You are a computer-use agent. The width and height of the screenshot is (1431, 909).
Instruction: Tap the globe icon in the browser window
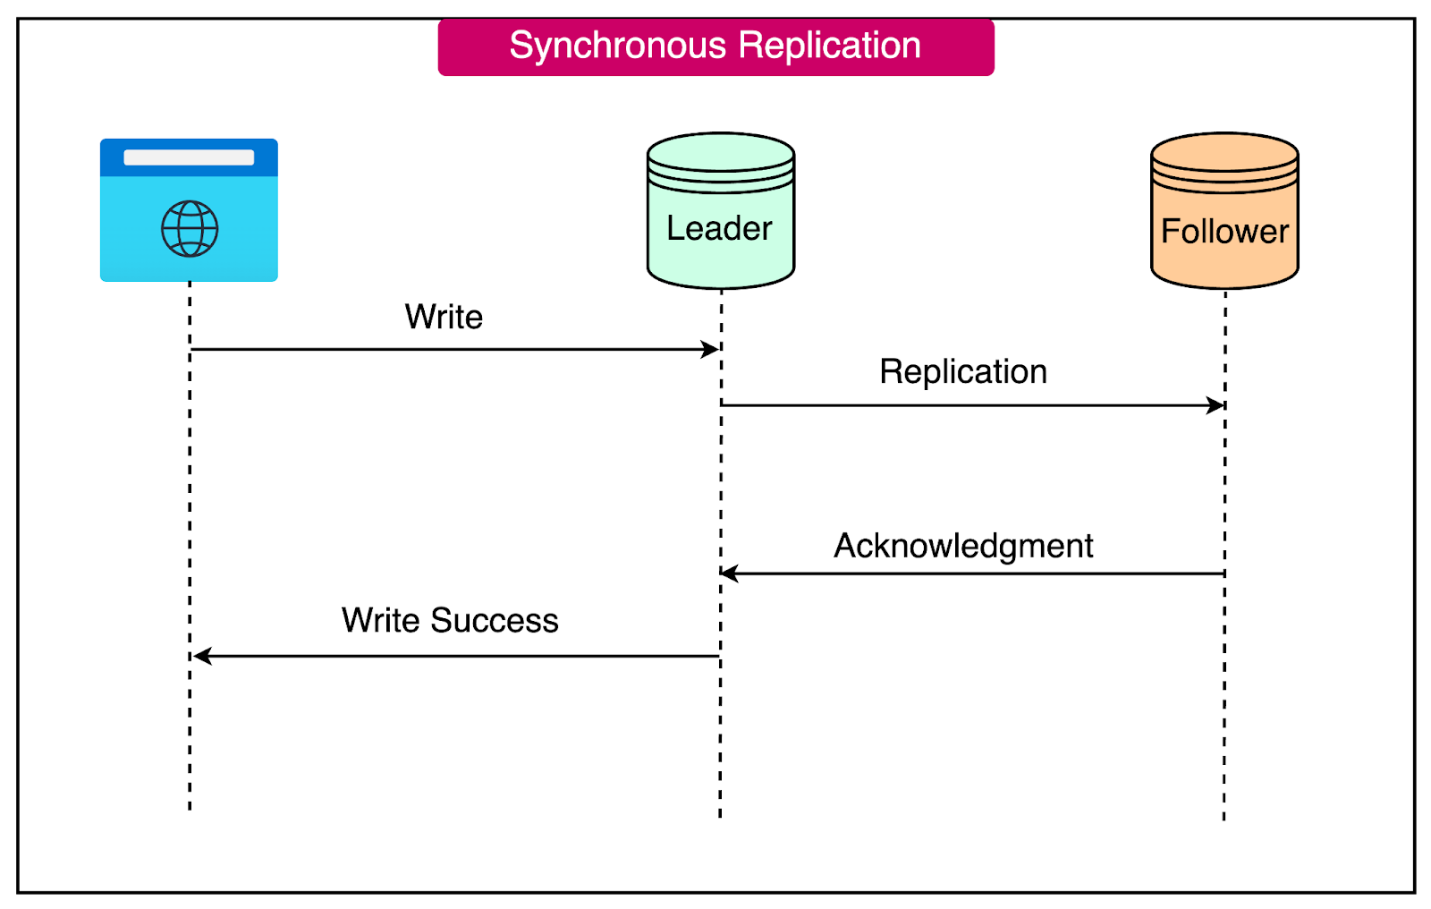[190, 229]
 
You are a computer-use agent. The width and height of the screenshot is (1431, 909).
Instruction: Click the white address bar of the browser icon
[189, 157]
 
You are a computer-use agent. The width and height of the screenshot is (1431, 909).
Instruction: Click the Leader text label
[719, 228]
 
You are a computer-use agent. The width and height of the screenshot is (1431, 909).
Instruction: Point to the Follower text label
[1224, 231]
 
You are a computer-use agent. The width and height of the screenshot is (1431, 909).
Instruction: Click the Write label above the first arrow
[444, 317]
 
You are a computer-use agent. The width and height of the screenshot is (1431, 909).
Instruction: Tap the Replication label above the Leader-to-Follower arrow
[963, 371]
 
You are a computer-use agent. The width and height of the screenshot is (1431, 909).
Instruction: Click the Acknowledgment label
[963, 546]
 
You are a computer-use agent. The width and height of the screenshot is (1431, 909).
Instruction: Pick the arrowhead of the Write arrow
[711, 349]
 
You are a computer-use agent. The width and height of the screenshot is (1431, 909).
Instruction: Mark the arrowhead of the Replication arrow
[1216, 405]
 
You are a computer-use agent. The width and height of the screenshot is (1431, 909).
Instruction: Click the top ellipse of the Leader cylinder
[721, 149]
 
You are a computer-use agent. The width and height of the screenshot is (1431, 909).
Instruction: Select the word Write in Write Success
[380, 620]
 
